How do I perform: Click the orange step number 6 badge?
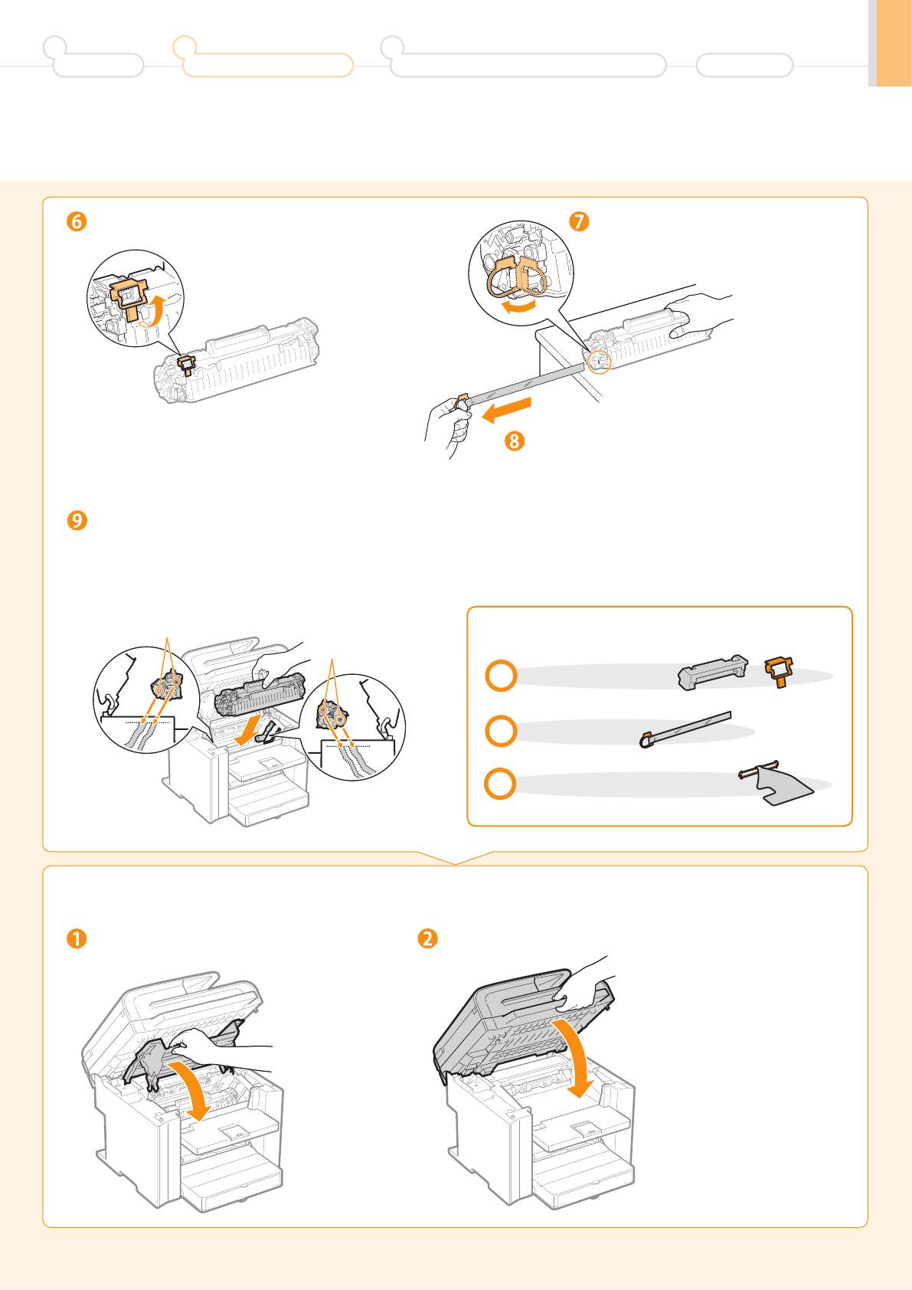(77, 221)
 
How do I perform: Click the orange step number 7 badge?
(579, 221)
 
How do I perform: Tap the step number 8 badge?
(515, 441)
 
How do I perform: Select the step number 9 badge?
(77, 520)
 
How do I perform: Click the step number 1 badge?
(77, 938)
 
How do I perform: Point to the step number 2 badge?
(427, 938)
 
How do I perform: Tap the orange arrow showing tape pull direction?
(506, 410)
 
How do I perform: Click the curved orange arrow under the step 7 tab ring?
(518, 307)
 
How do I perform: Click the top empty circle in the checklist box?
(501, 676)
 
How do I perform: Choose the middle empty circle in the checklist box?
(501, 731)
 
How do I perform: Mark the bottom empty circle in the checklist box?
(500, 784)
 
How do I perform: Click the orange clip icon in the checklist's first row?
(779, 671)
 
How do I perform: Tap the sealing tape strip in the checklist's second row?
(685, 729)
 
